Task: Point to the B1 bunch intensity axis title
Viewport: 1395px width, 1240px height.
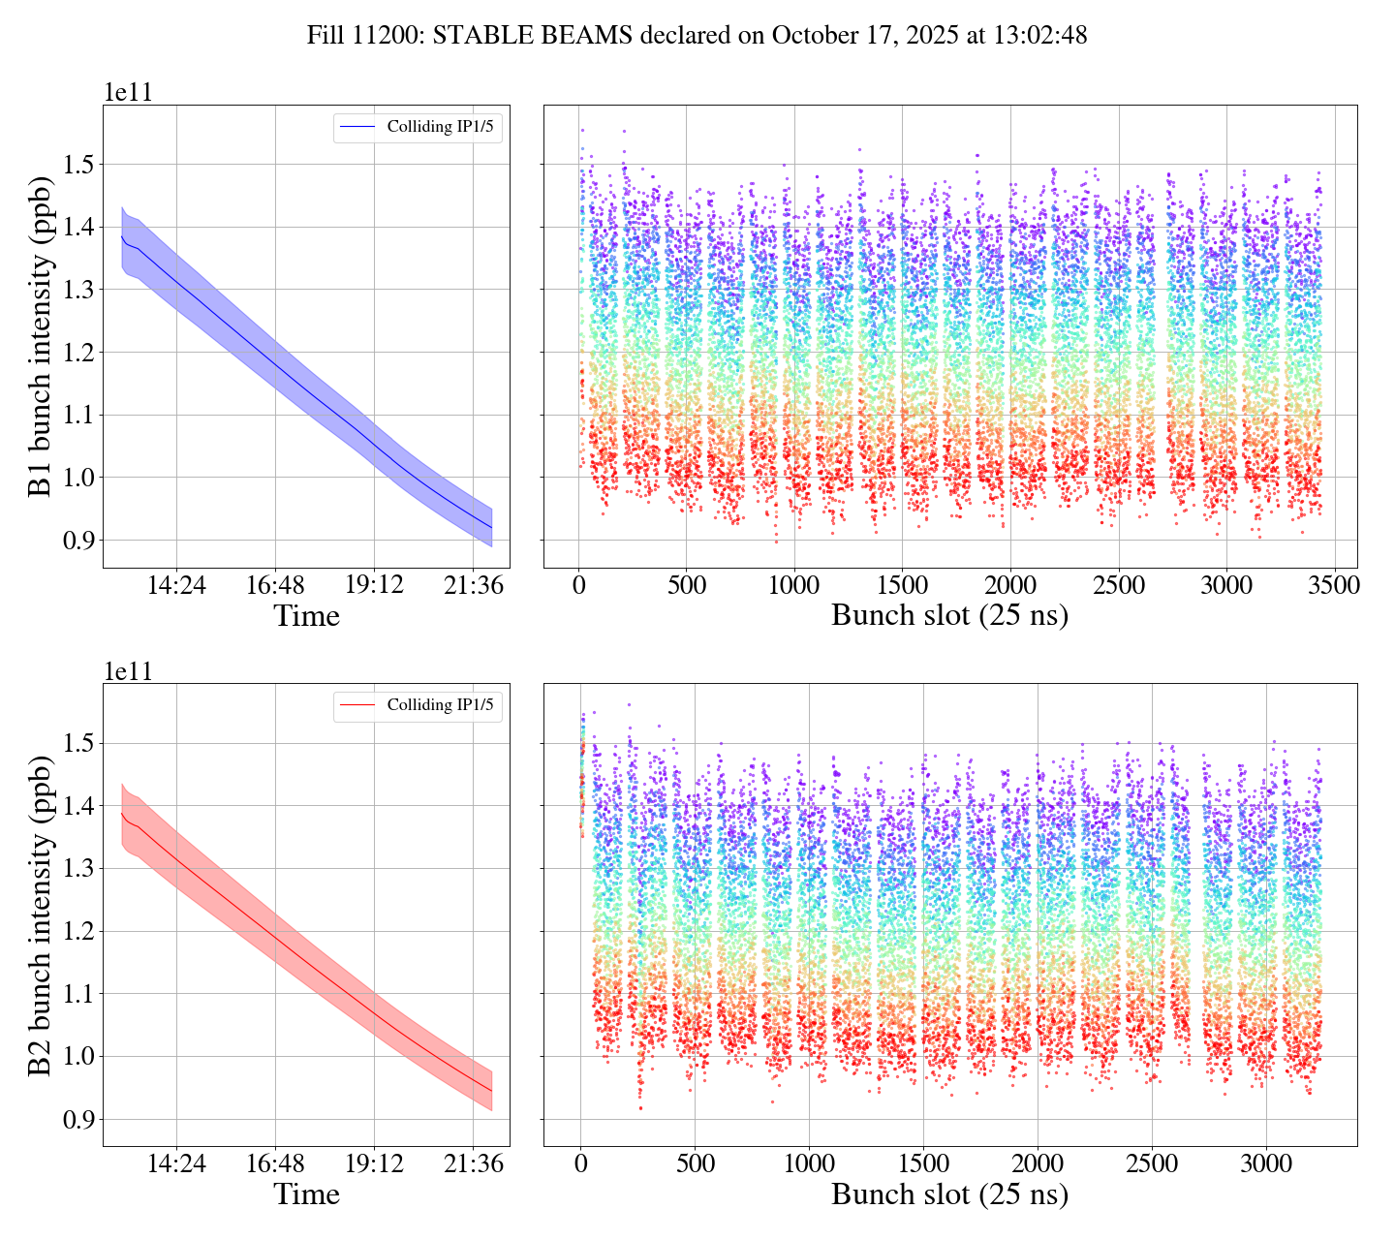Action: [x=40, y=336]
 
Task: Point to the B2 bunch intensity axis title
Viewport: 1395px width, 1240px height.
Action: [x=40, y=915]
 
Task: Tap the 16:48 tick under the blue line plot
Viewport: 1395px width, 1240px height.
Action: [x=275, y=585]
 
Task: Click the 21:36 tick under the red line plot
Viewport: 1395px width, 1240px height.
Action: [x=473, y=1163]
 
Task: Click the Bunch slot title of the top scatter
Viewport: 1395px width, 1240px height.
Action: [x=949, y=615]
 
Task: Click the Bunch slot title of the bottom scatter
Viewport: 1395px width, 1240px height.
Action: [x=949, y=1194]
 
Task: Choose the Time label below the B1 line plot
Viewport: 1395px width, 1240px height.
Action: [x=306, y=615]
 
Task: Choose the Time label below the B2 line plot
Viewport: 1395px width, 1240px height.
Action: [x=306, y=1194]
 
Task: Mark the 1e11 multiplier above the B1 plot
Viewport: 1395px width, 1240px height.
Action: [x=128, y=93]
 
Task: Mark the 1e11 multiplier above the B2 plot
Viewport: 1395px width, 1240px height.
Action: [x=128, y=672]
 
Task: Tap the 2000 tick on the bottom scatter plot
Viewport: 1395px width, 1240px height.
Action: [x=1038, y=1163]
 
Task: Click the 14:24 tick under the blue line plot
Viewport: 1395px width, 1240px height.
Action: [x=176, y=585]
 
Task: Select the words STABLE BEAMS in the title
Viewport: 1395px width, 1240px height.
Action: [x=533, y=36]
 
